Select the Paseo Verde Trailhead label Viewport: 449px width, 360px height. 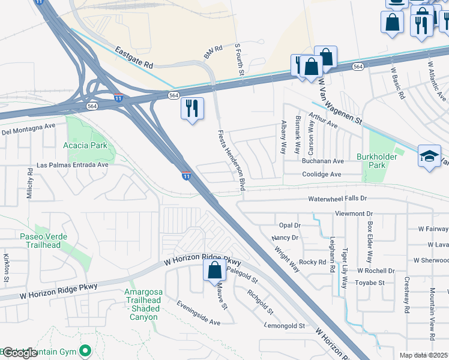(40, 241)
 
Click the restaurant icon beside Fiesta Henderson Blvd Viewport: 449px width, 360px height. (192, 109)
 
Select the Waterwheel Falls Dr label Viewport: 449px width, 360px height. (337, 198)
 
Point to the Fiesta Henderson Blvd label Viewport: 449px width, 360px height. (232, 160)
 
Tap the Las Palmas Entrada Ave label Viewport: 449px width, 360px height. (72, 164)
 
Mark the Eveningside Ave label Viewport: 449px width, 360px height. (198, 313)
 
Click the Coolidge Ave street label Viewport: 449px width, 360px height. (321, 175)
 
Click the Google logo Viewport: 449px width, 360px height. (19, 353)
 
